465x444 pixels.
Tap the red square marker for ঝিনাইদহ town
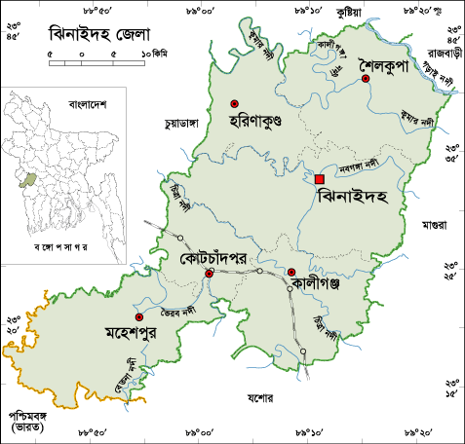click(x=320, y=178)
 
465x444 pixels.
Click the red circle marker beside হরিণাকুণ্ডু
click(x=234, y=103)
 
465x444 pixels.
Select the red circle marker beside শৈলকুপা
click(x=366, y=79)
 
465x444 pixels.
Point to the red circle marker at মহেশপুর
click(x=138, y=317)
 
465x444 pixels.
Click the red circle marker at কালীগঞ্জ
click(x=291, y=272)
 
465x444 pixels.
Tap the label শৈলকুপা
click(x=395, y=60)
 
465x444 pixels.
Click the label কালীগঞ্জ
click(x=322, y=284)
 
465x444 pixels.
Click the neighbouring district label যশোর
click(x=260, y=398)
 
